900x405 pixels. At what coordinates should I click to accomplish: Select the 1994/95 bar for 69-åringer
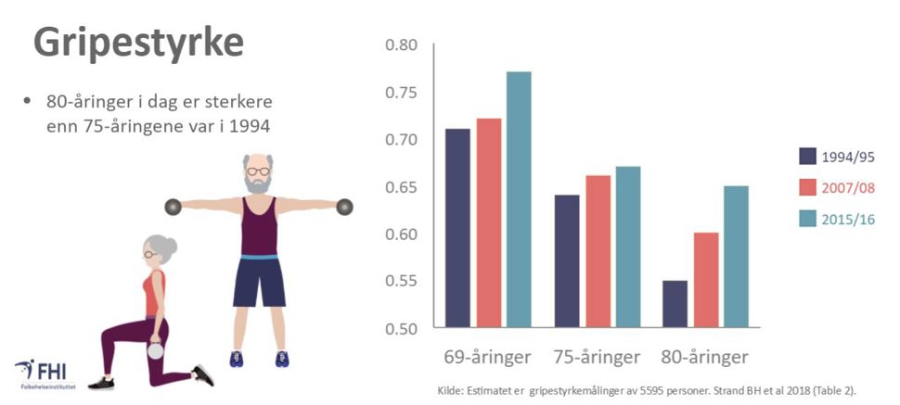[457, 228]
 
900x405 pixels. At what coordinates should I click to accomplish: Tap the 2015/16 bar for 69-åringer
[519, 199]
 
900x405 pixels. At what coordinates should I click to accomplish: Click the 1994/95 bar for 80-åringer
[675, 304]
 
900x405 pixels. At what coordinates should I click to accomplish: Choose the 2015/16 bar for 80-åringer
[736, 257]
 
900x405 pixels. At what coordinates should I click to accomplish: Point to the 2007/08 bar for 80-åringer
[705, 280]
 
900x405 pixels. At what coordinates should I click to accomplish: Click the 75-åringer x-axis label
[597, 357]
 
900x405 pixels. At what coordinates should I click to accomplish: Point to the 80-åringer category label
[705, 357]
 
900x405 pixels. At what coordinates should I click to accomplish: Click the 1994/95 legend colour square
[807, 157]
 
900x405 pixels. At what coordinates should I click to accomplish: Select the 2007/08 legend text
[849, 188]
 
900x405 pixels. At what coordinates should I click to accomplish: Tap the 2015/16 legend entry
[849, 220]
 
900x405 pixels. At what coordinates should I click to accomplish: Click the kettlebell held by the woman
[156, 350]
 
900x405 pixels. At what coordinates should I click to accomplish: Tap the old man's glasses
[258, 171]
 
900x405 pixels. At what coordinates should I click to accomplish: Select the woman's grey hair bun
[171, 246]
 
